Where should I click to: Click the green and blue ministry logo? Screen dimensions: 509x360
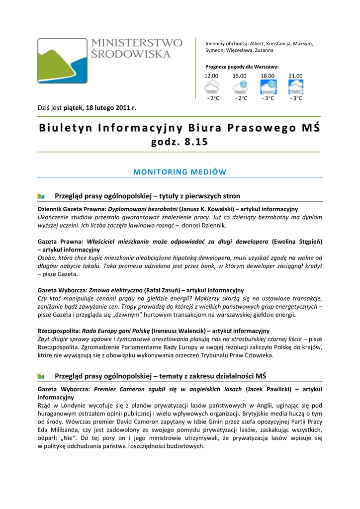(62, 60)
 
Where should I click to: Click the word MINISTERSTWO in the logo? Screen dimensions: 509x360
(137, 43)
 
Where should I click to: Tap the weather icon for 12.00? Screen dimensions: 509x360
(212, 87)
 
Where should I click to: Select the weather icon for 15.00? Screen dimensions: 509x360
(240, 87)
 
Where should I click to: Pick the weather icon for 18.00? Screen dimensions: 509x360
(268, 87)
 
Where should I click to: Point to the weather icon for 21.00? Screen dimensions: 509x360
(296, 87)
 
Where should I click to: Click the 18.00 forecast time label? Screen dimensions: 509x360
(268, 76)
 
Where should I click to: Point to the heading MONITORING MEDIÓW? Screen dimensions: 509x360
(180, 172)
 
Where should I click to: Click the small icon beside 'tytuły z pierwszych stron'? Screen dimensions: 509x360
(41, 196)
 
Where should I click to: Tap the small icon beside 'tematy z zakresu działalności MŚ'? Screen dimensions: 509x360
(41, 376)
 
